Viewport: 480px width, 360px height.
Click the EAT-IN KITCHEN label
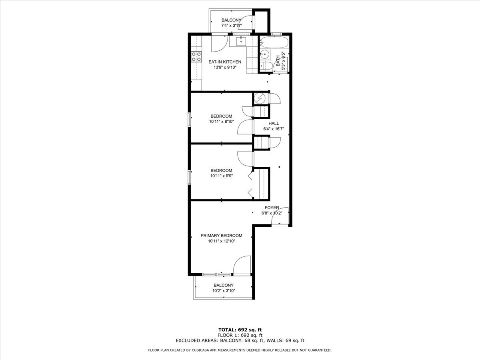click(225, 62)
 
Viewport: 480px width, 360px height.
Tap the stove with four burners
click(43, 57)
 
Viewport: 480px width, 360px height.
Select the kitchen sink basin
click(241, 41)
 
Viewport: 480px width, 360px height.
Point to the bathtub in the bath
click(274, 42)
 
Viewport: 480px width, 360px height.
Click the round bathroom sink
click(265, 54)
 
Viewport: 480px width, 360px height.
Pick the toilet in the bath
click(266, 66)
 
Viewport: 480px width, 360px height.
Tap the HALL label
click(274, 124)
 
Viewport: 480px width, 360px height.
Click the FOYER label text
click(272, 208)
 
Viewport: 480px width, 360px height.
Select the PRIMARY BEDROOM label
click(221, 236)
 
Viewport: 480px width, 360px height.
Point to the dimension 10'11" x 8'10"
click(222, 122)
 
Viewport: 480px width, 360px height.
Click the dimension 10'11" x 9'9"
click(222, 176)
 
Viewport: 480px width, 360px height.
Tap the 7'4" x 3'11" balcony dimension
click(231, 26)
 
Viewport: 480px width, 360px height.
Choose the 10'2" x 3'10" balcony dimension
click(224, 291)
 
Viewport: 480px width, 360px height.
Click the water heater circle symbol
click(260, 99)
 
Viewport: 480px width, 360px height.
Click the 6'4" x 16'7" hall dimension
click(274, 129)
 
